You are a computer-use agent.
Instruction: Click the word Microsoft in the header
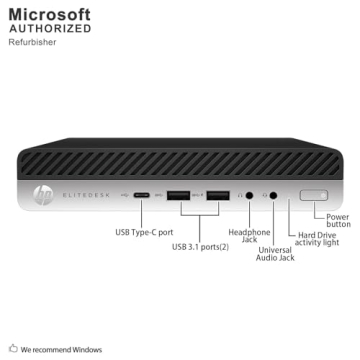pos(49,14)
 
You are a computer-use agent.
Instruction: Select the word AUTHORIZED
pos(49,29)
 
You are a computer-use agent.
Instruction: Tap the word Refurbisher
pos(33,43)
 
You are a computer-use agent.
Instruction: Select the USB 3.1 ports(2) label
pos(200,246)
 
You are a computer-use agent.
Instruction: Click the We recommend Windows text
pos(62,349)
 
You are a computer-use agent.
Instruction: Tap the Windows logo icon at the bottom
pos(13,349)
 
